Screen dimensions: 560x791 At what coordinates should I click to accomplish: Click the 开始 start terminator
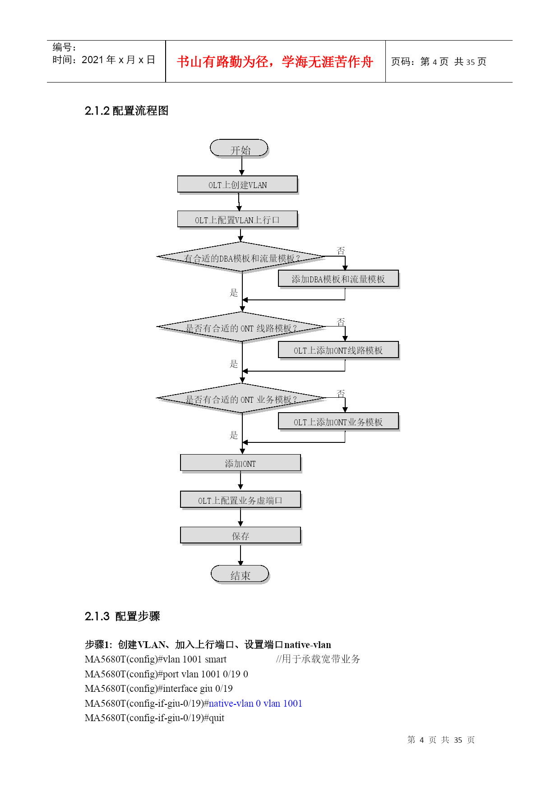[239, 148]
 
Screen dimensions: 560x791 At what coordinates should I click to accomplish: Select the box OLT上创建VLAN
[238, 184]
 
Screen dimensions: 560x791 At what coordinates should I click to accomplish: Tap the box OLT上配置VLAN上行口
[238, 220]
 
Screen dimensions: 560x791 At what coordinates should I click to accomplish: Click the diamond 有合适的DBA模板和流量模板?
[242, 257]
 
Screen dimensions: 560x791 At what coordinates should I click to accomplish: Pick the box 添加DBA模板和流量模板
[339, 279]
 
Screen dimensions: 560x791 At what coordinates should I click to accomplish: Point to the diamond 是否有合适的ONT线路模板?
[242, 327]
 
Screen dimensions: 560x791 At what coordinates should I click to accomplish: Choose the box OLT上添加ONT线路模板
[339, 350]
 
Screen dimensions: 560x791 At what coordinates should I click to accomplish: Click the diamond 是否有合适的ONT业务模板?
[242, 398]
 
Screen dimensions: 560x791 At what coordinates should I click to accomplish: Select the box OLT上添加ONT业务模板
[339, 421]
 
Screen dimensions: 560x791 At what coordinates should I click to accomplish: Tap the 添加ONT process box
[241, 463]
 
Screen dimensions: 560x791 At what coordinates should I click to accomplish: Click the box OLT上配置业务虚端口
[241, 500]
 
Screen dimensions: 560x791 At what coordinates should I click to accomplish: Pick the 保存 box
[241, 536]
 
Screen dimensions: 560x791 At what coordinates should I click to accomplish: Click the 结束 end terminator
[240, 575]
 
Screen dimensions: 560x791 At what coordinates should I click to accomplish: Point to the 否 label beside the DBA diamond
[341, 250]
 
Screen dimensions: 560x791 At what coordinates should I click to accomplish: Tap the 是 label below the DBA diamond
[234, 293]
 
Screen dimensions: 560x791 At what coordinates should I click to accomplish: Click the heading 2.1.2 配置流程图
[126, 111]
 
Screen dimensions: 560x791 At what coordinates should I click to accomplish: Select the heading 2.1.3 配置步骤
[122, 616]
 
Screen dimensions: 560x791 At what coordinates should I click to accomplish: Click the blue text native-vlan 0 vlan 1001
[255, 704]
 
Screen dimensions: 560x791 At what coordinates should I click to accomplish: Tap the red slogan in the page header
[275, 62]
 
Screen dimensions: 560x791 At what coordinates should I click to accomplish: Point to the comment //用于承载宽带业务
[318, 659]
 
